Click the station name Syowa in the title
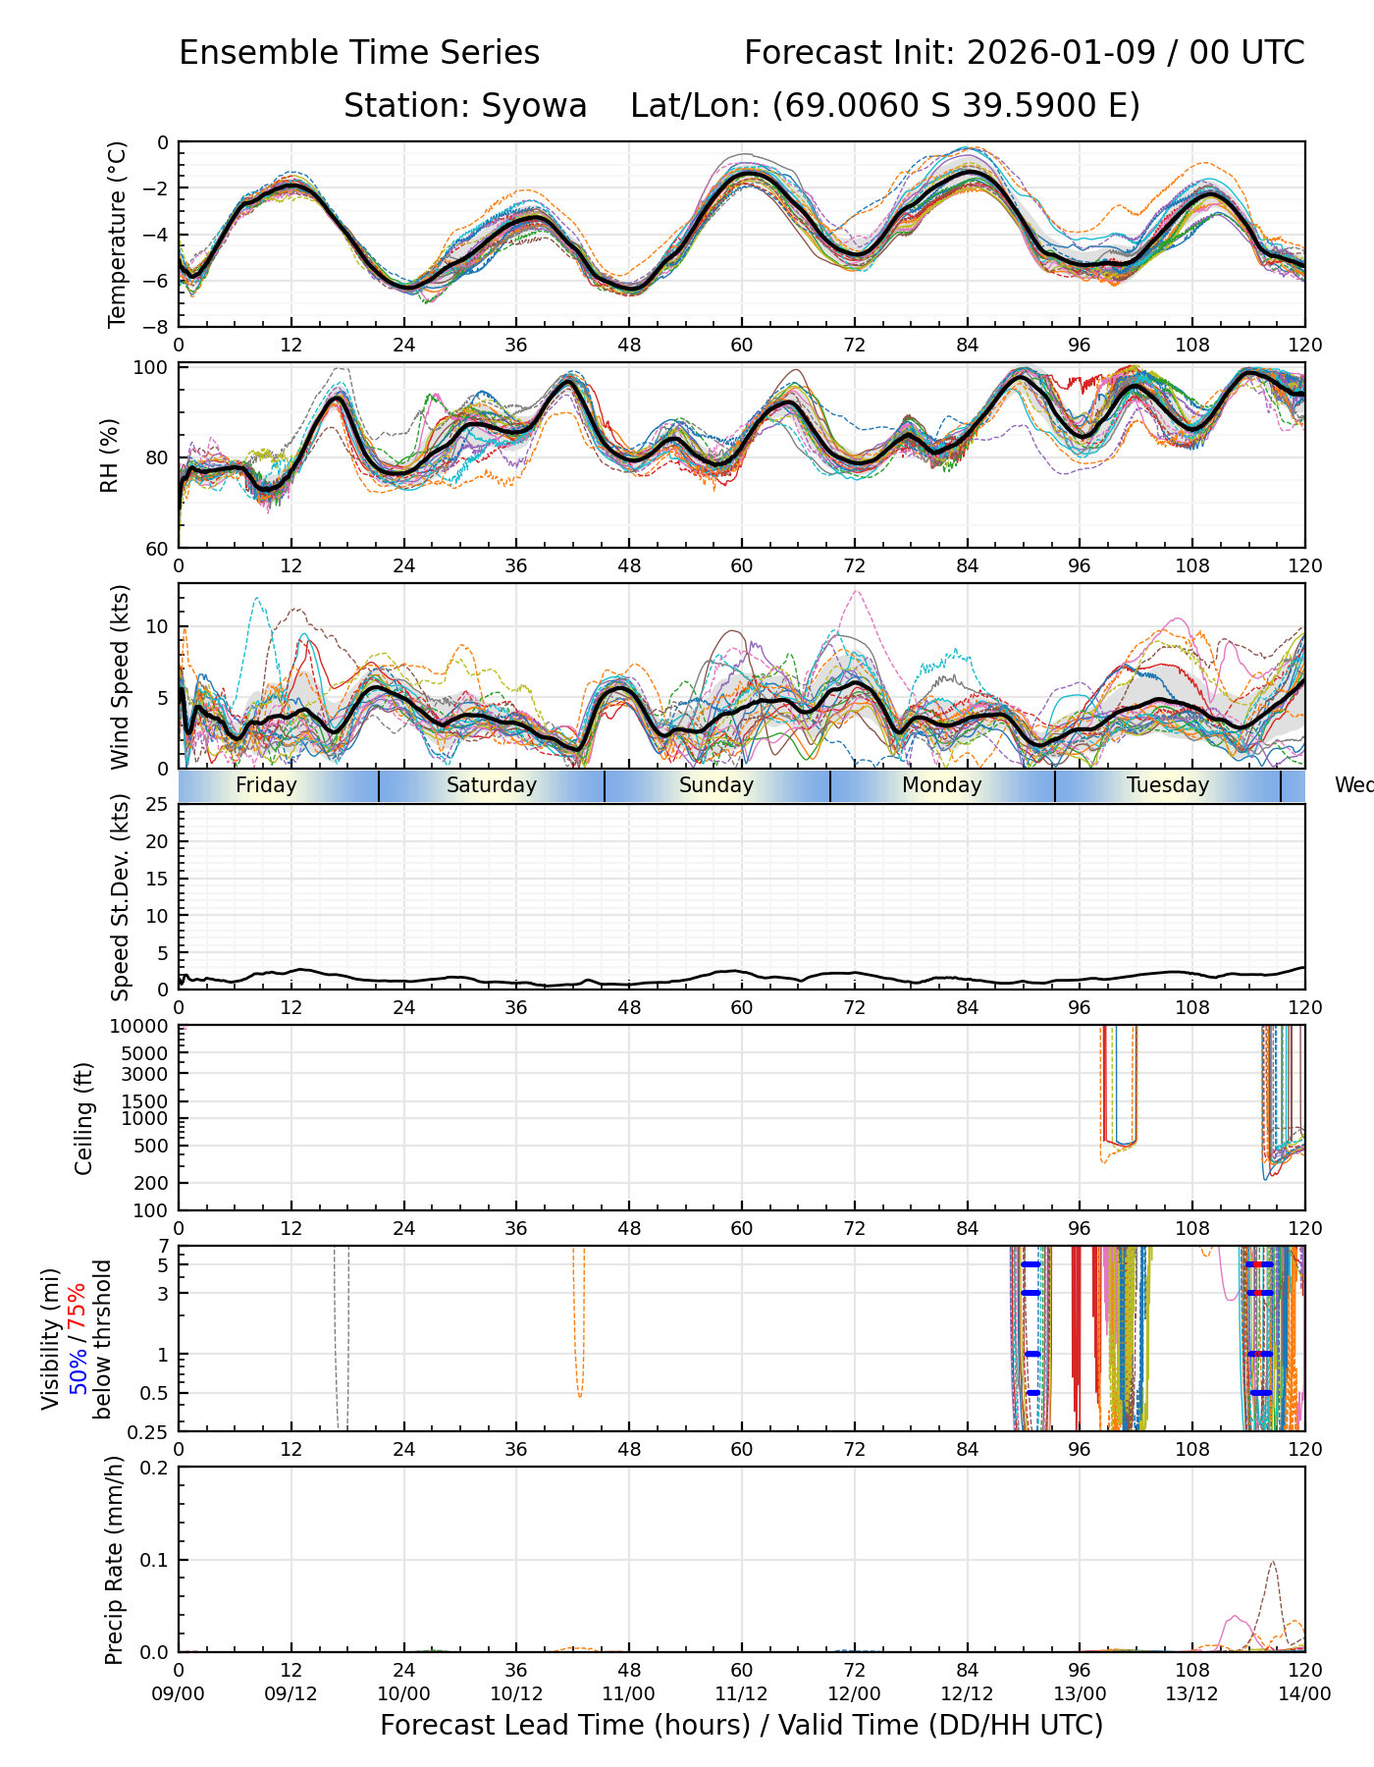[534, 105]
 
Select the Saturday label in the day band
[492, 785]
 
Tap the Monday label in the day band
[941, 785]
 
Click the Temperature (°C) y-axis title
[118, 234]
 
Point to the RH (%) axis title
[109, 455]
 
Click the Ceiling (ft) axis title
[84, 1118]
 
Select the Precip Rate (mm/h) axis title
[115, 1560]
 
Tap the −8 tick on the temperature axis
[156, 326]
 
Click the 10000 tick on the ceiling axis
[141, 1026]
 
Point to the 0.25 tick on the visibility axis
[149, 1431]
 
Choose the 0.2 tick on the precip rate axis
[155, 1468]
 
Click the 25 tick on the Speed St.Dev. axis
[157, 805]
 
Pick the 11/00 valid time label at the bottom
[629, 1693]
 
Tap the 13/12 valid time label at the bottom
[1191, 1693]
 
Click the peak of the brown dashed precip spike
[1273, 1561]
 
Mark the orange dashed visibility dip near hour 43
[580, 1395]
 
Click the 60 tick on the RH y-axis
[157, 548]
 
